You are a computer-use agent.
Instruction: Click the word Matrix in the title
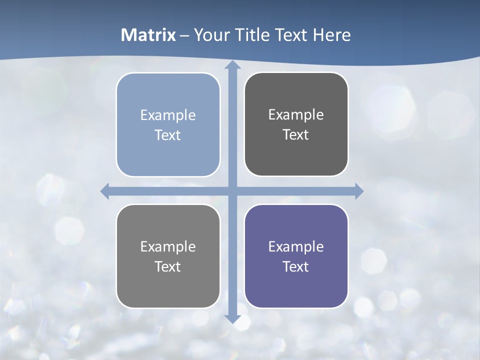[148, 35]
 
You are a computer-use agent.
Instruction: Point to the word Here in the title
[331, 35]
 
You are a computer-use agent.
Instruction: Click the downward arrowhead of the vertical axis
[232, 318]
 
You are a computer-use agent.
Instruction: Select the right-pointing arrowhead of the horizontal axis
[358, 191]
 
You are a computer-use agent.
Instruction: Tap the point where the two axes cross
[232, 191]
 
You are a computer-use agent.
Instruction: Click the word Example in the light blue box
[168, 115]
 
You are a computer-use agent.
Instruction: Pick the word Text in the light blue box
[168, 135]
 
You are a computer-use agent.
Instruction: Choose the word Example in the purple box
[296, 246]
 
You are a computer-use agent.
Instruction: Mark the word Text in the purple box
[296, 266]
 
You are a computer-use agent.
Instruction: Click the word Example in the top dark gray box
[296, 114]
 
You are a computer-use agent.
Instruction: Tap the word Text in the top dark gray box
[296, 134]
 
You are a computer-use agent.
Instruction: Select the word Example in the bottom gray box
[168, 246]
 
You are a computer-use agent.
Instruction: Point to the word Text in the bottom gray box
[168, 266]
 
